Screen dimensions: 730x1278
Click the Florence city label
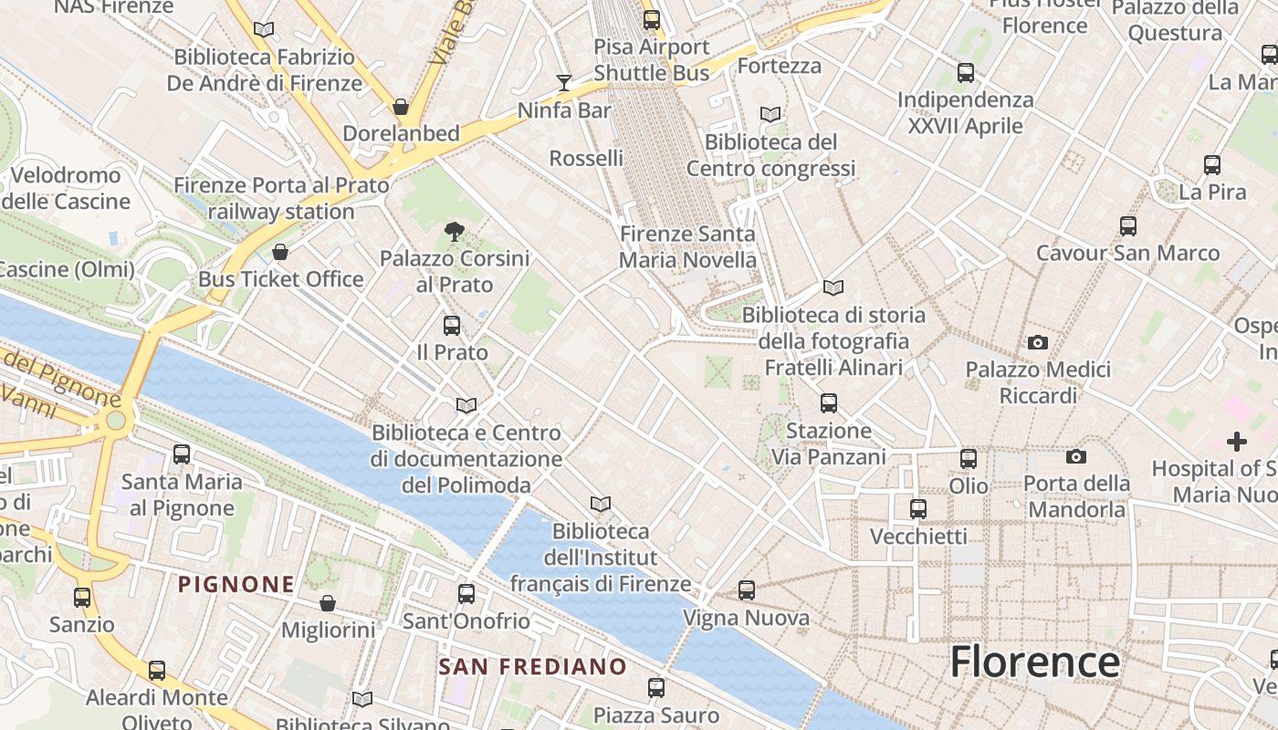[1034, 661]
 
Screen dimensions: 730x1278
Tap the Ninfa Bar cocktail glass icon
[563, 83]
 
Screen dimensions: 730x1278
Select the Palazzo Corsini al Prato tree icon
[453, 232]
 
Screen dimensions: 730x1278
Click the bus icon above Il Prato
[451, 326]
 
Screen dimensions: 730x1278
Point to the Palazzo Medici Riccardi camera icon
[1037, 343]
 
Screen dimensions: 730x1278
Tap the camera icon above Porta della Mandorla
[1076, 456]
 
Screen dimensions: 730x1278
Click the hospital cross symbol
[1237, 442]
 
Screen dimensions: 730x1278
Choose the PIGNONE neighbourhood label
[236, 584]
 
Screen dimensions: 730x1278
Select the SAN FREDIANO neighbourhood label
[533, 666]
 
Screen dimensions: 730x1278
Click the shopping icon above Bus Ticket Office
[280, 252]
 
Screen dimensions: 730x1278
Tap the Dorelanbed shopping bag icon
[400, 107]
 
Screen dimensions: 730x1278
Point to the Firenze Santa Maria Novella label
[687, 246]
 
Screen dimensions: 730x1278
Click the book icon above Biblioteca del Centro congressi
[770, 115]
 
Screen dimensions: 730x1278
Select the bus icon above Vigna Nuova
[747, 590]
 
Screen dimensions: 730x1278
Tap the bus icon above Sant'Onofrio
[466, 594]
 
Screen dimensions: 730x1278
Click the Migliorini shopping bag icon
[328, 603]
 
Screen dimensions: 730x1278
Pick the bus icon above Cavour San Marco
[1128, 226]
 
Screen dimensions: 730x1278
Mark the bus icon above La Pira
[1212, 165]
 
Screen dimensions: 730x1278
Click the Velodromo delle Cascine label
[66, 188]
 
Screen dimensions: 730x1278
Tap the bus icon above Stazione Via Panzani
[829, 402]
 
